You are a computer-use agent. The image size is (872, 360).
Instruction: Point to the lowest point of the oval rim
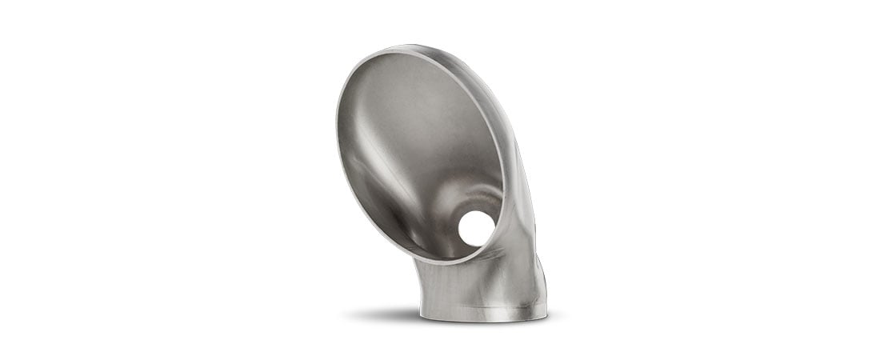click(448, 262)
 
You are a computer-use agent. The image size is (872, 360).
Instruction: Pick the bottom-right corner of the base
click(546, 317)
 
